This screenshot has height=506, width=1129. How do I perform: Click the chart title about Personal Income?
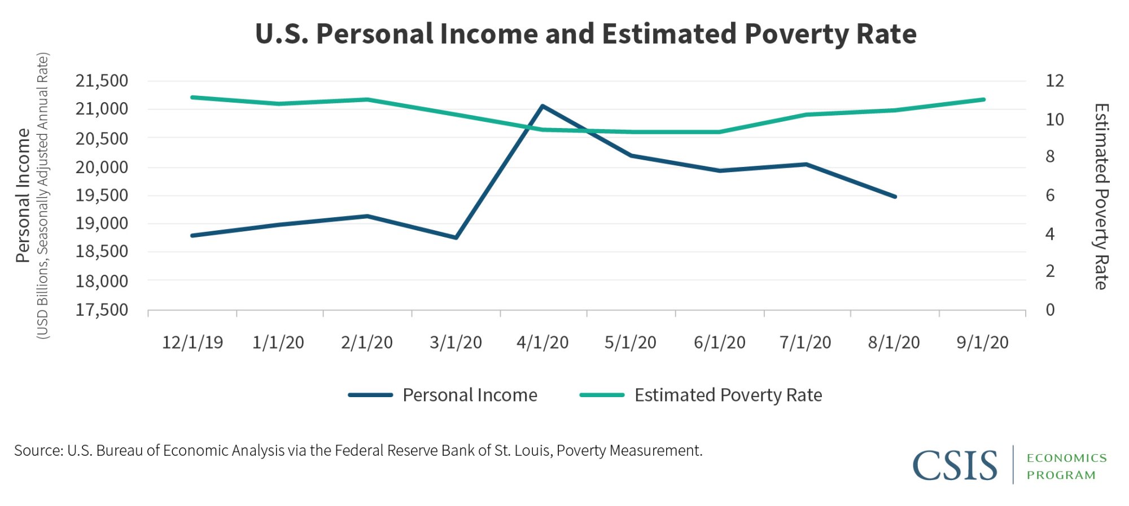(x=585, y=34)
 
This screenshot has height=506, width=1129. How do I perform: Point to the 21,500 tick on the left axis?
(x=102, y=81)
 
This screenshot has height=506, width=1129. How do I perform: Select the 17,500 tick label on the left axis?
(x=102, y=310)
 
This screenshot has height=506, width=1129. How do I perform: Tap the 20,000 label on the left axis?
(x=102, y=167)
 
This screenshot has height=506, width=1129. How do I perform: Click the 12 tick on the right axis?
(x=1054, y=81)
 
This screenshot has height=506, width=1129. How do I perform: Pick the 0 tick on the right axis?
(x=1050, y=310)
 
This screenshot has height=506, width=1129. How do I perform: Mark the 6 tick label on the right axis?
(x=1050, y=195)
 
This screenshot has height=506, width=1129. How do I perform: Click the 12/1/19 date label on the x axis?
(x=192, y=342)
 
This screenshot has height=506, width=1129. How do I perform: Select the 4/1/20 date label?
(x=542, y=342)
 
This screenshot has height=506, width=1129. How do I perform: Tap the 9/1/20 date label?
(x=982, y=342)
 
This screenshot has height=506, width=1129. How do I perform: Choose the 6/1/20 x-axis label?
(x=720, y=342)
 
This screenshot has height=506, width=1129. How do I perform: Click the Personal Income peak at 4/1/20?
(x=542, y=106)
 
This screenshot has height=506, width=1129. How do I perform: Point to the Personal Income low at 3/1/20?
(x=456, y=237)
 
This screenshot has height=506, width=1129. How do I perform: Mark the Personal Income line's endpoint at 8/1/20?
(x=895, y=197)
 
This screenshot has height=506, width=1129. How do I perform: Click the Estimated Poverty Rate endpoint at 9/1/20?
(x=983, y=100)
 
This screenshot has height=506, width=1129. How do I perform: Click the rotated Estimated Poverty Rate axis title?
(x=1101, y=196)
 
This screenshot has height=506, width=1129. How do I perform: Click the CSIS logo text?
(x=955, y=465)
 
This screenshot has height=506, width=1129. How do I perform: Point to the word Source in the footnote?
(x=38, y=451)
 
